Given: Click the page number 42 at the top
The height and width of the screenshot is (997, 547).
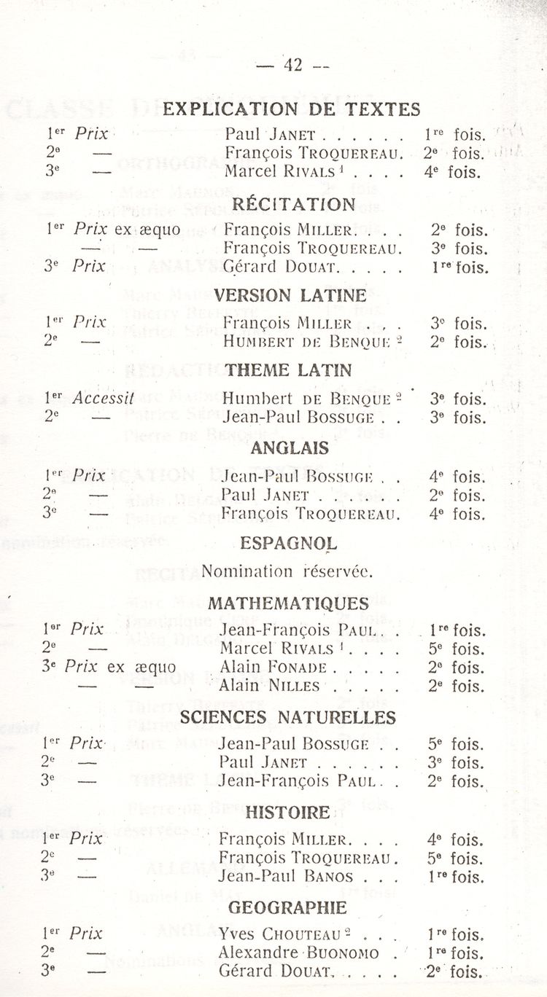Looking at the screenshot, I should [292, 65].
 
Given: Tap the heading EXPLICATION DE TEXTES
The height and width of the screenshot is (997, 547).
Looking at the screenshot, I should [292, 109].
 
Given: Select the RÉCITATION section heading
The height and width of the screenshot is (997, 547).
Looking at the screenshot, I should [294, 204].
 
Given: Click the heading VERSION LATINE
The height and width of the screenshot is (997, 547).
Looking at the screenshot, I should [290, 295].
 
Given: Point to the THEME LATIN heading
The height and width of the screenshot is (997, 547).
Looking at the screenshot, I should [288, 370].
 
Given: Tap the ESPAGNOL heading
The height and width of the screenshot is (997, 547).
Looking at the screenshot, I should [288, 543].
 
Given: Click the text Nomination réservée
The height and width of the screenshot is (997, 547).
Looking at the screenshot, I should [287, 571].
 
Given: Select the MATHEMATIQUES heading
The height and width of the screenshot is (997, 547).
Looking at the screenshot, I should [288, 603].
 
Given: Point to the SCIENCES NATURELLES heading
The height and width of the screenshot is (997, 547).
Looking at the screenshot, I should [288, 718].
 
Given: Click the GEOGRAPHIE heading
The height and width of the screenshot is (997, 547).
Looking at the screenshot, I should [288, 907].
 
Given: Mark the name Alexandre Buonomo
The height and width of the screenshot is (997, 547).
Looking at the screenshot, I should [299, 952].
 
